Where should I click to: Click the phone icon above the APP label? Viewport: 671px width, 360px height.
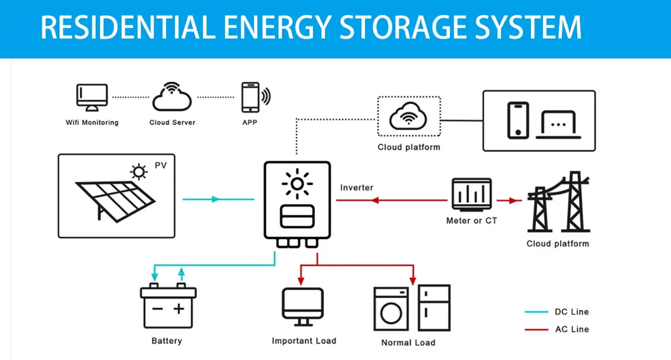tap(250, 97)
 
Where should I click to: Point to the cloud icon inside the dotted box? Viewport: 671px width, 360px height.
tap(409, 117)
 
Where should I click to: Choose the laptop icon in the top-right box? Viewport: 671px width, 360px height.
tap(558, 125)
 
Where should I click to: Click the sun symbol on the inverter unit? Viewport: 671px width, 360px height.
tap(297, 184)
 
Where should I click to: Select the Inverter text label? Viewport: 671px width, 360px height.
tap(357, 188)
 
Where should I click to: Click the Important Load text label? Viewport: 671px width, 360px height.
tap(304, 341)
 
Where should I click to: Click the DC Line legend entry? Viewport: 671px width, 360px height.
tap(557, 312)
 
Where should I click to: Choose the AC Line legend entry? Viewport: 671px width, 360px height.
tap(557, 329)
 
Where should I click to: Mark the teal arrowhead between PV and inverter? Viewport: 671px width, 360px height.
tap(215, 199)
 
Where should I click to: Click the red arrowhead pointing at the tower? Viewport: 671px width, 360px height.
tap(511, 200)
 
